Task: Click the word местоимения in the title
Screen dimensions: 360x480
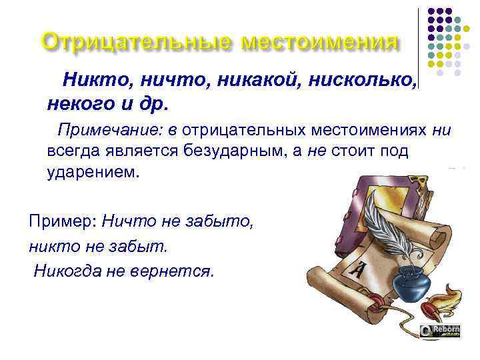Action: pos(320,42)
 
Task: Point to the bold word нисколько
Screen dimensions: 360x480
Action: pos(361,81)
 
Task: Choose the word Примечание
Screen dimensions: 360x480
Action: pos(100,129)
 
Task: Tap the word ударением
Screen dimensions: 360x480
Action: pos(93,172)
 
